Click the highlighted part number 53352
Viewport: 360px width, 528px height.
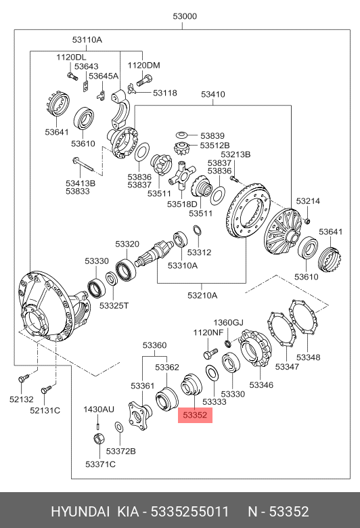tap(195, 415)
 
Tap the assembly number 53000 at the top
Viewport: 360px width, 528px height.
tap(185, 16)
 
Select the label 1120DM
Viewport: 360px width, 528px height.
tap(144, 66)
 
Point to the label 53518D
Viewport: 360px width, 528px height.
tap(182, 204)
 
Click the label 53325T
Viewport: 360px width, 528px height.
tap(114, 306)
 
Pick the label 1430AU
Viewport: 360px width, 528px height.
tap(99, 410)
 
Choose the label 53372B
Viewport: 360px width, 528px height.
tap(120, 451)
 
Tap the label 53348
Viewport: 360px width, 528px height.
tap(308, 357)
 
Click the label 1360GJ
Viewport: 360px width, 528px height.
tap(228, 323)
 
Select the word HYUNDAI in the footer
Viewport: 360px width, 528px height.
tap(80, 512)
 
